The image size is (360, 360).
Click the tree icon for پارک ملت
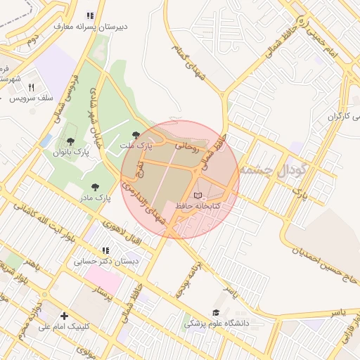pyautogui.click(x=136, y=134)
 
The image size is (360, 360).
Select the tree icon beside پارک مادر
pyautogui.click(x=95, y=187)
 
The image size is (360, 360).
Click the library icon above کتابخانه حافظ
pyautogui.click(x=198, y=195)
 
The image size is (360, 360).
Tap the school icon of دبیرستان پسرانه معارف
pyautogui.click(x=89, y=15)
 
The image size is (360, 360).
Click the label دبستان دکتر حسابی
pyautogui.click(x=108, y=261)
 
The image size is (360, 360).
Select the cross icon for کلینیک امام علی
pyautogui.click(x=65, y=316)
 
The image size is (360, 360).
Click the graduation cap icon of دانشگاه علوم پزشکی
pyautogui.click(x=216, y=313)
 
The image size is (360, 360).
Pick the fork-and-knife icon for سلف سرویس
pyautogui.click(x=31, y=87)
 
